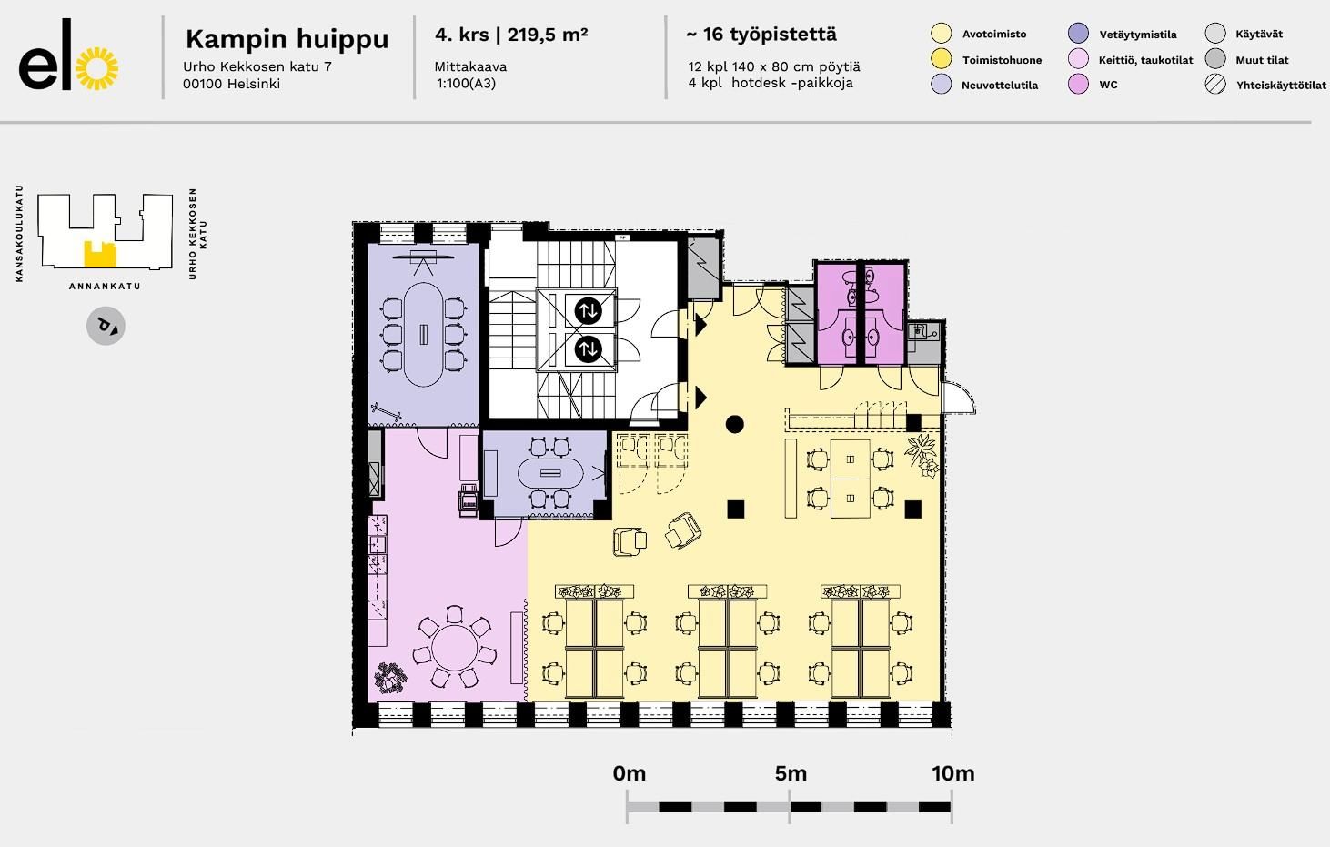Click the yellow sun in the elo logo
97,68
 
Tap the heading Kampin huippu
287,39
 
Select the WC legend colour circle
1078,85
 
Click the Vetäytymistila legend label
1138,35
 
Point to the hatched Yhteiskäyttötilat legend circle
1215,85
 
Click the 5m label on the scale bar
791,773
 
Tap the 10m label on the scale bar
953,773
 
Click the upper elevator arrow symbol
588,310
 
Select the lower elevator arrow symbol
588,349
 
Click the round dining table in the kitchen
455,647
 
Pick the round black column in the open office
734,424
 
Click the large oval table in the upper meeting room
423,335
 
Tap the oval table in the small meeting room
550,473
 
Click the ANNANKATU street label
106,287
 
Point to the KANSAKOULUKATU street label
20,234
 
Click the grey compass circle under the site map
106,326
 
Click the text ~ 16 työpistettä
761,35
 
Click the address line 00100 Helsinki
232,84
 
